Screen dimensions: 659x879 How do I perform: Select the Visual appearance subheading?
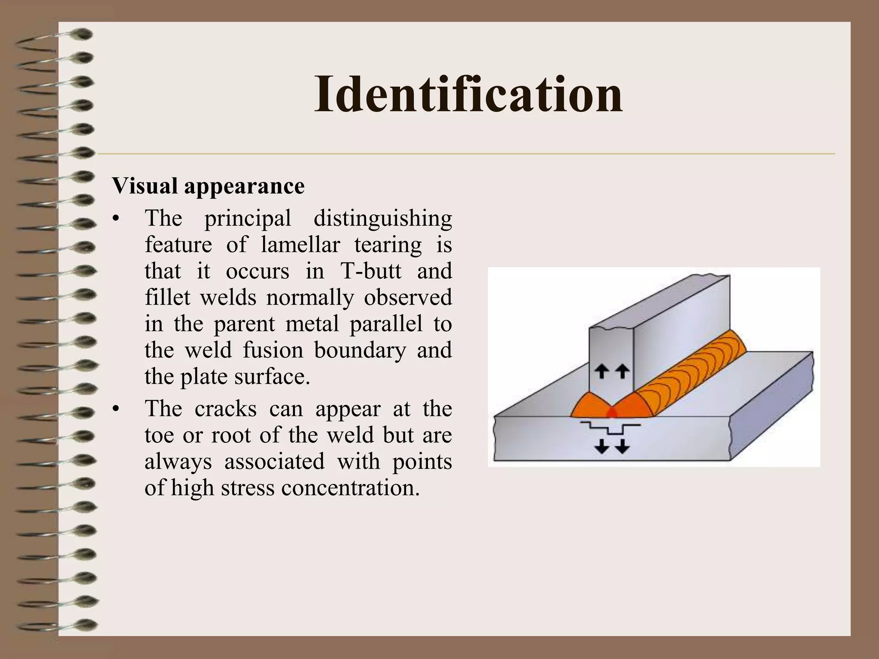click(209, 186)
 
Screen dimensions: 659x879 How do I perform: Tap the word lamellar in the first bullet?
click(300, 245)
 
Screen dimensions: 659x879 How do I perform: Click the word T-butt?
click(371, 271)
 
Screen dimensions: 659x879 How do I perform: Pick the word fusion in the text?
click(273, 350)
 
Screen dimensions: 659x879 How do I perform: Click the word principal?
click(248, 218)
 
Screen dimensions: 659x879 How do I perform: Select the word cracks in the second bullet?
click(225, 409)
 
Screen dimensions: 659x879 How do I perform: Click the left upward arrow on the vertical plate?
click(602, 371)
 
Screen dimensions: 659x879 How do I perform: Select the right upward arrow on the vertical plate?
click(622, 371)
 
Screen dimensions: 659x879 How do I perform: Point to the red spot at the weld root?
click(612, 413)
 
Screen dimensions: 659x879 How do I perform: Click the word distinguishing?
click(382, 218)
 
